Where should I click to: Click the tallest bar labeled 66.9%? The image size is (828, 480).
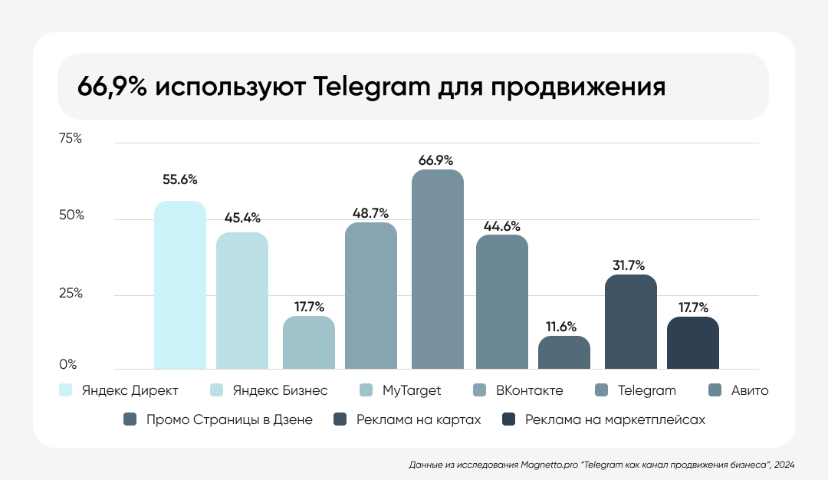point(438,269)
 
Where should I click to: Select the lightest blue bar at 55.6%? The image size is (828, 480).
point(180,285)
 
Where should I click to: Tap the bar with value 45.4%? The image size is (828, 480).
point(242,301)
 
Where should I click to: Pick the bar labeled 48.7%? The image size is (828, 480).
point(371,296)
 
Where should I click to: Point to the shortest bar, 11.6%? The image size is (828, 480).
point(564,353)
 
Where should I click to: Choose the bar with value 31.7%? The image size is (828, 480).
point(631,322)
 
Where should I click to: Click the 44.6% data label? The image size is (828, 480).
point(502,226)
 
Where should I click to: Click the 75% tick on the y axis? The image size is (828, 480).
point(70,139)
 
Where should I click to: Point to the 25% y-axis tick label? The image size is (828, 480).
point(70,294)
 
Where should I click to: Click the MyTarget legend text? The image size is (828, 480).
point(411,390)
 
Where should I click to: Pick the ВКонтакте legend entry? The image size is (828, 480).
point(529,390)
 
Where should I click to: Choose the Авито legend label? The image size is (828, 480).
point(748,390)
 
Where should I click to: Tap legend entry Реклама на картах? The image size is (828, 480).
point(418,419)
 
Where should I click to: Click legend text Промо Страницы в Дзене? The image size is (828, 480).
point(229,419)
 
